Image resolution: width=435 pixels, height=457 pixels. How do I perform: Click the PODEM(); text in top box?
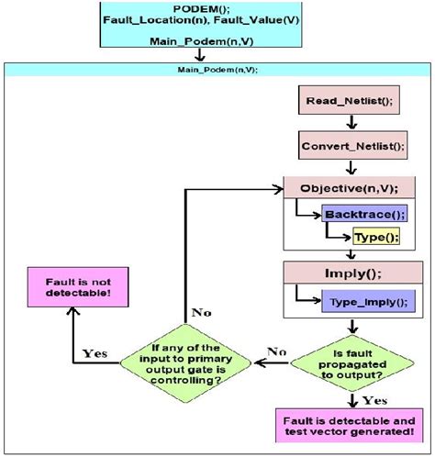point(216,7)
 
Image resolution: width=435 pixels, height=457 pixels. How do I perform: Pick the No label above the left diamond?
point(201,312)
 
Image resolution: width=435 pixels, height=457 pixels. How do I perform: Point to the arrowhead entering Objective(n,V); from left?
point(274,189)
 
